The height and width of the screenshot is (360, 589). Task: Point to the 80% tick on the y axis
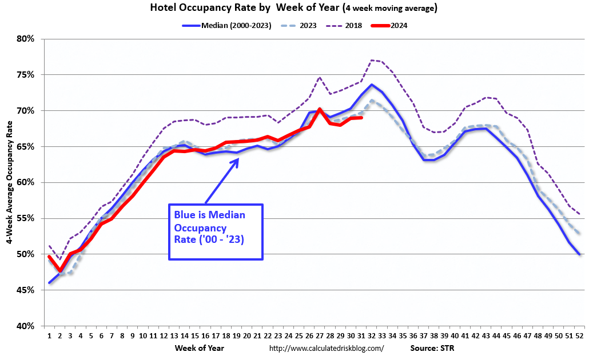click(x=26, y=39)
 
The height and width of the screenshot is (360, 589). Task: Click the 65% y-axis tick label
click(x=26, y=146)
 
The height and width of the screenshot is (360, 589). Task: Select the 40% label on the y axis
click(x=26, y=326)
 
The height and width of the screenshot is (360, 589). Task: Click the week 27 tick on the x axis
click(x=320, y=336)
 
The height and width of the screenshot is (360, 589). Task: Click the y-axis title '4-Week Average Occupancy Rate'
click(x=10, y=182)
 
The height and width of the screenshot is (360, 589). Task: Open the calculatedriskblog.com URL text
click(x=326, y=347)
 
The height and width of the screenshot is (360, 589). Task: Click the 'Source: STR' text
click(x=432, y=347)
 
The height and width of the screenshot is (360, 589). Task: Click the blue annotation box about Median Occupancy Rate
click(x=216, y=232)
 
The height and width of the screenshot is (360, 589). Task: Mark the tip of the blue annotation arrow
click(x=238, y=159)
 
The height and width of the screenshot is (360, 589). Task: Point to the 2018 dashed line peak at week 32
click(x=372, y=60)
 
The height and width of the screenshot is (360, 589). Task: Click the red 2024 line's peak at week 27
click(x=320, y=109)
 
